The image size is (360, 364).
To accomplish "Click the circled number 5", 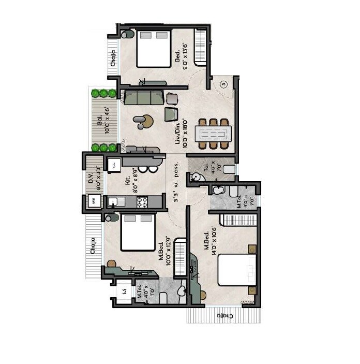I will [223, 84].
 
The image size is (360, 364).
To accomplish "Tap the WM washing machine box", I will [94, 201].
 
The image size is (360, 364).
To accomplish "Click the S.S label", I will [124, 292].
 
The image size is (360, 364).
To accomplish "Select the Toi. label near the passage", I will [205, 167].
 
